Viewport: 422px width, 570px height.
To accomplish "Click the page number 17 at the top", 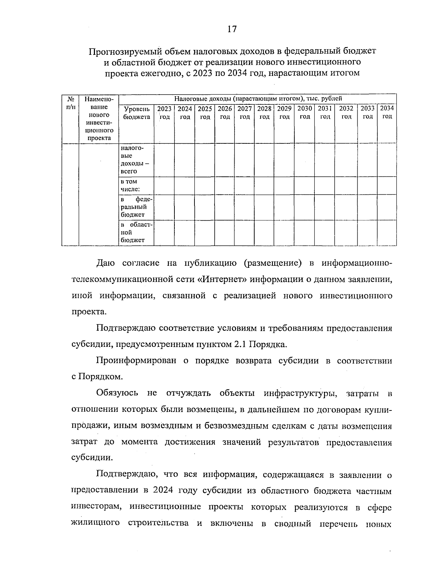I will pyautogui.click(x=232, y=29).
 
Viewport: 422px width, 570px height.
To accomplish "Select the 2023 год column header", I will pyautogui.click(x=164, y=112).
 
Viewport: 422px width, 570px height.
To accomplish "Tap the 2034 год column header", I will pyautogui.click(x=387, y=112).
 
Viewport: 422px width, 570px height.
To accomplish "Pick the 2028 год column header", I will pyautogui.click(x=264, y=112).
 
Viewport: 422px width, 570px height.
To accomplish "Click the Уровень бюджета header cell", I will pyautogui.click(x=137, y=113).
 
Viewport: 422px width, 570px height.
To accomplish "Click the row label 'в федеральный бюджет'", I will pyautogui.click(x=137, y=207).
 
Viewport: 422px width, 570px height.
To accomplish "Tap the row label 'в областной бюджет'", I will pyautogui.click(x=137, y=232).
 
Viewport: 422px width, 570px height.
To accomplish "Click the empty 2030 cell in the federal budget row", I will pyautogui.click(x=305, y=207).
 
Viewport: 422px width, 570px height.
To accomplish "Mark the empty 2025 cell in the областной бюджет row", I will pyautogui.click(x=205, y=232).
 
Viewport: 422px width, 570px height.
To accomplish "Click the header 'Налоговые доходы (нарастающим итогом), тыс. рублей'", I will pyautogui.click(x=258, y=99).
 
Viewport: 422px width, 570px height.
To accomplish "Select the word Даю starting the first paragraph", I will pyautogui.click(x=105, y=263).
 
